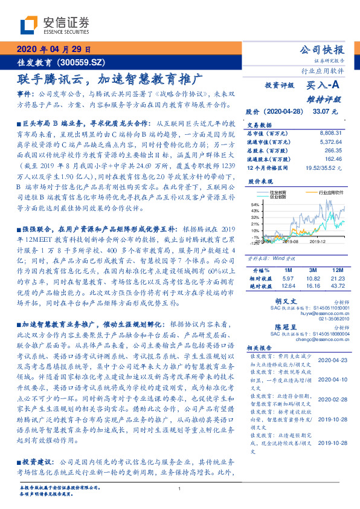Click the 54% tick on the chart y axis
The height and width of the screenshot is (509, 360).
[x=255, y=205]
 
